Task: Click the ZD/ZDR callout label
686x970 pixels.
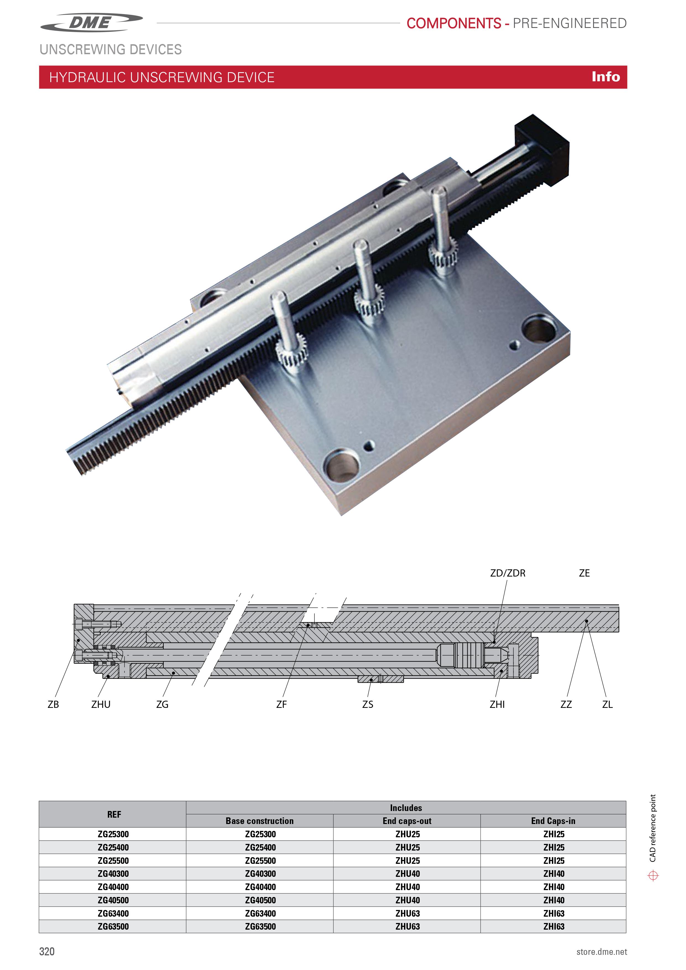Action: [508, 573]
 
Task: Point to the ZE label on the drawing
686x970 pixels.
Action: [584, 573]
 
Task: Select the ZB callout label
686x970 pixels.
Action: [53, 704]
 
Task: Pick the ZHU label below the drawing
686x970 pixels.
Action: [101, 704]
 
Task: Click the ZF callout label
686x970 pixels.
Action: [281, 704]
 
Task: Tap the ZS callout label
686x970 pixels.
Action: [367, 704]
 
